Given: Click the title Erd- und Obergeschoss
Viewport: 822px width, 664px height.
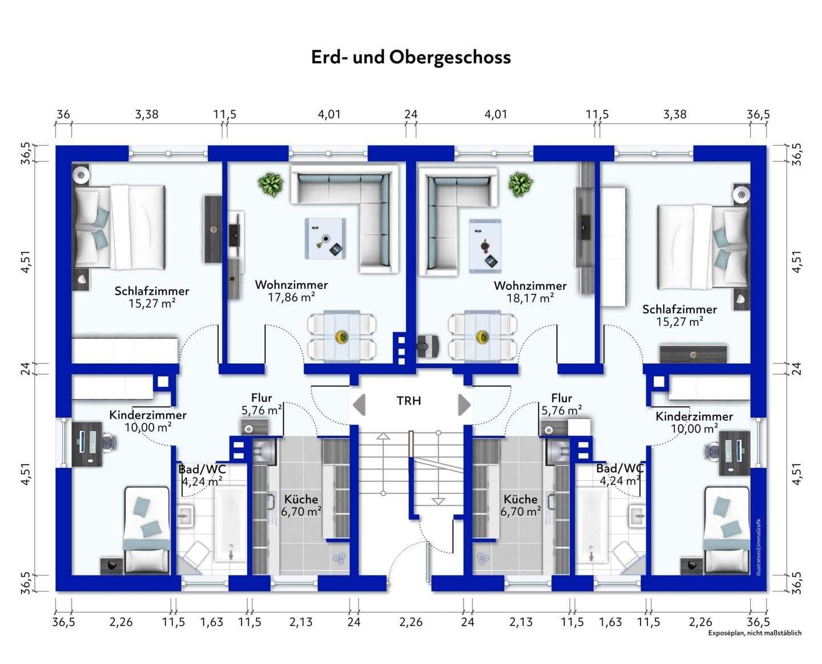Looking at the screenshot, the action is point(411,58).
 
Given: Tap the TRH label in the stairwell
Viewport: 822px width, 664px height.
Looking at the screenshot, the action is point(409,401).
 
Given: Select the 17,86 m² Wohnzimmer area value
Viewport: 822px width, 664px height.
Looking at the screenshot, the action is point(291,297).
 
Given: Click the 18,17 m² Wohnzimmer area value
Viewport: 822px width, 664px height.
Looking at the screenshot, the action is point(530,298).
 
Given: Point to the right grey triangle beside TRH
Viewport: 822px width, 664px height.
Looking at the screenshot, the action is point(465,405).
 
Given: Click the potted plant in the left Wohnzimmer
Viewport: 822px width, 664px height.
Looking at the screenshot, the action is point(271,184).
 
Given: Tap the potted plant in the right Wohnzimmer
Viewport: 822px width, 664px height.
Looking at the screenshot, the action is point(521,184).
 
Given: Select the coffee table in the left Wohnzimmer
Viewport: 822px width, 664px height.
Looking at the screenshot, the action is point(325,238).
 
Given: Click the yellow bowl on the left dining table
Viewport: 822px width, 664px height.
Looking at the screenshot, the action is point(341,337).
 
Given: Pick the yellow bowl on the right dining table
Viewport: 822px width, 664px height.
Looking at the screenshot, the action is point(482,337).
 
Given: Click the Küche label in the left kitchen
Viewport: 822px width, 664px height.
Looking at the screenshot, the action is point(301,499).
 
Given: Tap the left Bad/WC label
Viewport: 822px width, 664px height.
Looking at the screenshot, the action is point(202,469).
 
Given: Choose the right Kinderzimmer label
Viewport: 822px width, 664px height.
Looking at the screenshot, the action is point(694,416).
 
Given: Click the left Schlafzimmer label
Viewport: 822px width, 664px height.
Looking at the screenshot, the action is point(152,291).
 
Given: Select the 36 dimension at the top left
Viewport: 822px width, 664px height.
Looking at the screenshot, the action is point(63,114).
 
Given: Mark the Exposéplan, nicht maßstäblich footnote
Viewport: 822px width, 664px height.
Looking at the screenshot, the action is point(755,633).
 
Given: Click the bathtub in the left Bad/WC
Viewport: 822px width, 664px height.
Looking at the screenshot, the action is point(231,524).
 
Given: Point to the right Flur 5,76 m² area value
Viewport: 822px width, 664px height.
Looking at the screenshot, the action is point(562,411).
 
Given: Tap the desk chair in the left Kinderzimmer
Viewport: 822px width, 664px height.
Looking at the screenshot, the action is point(110,443).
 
